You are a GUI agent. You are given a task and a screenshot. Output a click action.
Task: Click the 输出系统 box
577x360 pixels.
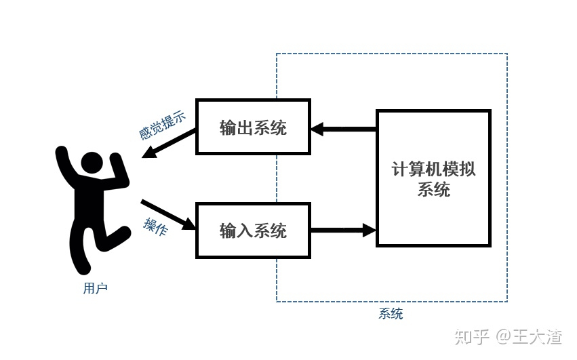[x=253, y=127]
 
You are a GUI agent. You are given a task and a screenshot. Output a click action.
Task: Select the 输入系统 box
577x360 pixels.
[x=253, y=231]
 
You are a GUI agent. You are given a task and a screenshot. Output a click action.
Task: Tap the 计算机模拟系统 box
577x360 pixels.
[x=433, y=178]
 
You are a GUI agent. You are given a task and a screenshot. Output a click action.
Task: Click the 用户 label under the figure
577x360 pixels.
[x=96, y=288]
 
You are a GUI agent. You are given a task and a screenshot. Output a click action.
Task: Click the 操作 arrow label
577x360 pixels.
[x=156, y=226]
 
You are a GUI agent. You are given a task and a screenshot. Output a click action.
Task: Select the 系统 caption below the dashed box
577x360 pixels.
[x=391, y=313]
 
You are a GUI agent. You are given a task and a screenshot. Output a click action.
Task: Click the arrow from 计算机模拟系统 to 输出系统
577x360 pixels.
[x=343, y=128]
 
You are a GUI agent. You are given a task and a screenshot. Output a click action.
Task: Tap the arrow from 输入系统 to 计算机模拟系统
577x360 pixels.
[x=343, y=231]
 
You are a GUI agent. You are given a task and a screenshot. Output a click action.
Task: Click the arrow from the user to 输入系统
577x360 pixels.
[x=168, y=216]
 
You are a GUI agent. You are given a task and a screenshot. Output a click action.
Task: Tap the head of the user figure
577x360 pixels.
[x=92, y=163]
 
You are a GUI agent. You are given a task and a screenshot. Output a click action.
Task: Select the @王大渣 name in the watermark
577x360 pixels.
[x=528, y=336]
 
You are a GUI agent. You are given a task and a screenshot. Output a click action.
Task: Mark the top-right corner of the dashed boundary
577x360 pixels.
[x=506, y=54]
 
